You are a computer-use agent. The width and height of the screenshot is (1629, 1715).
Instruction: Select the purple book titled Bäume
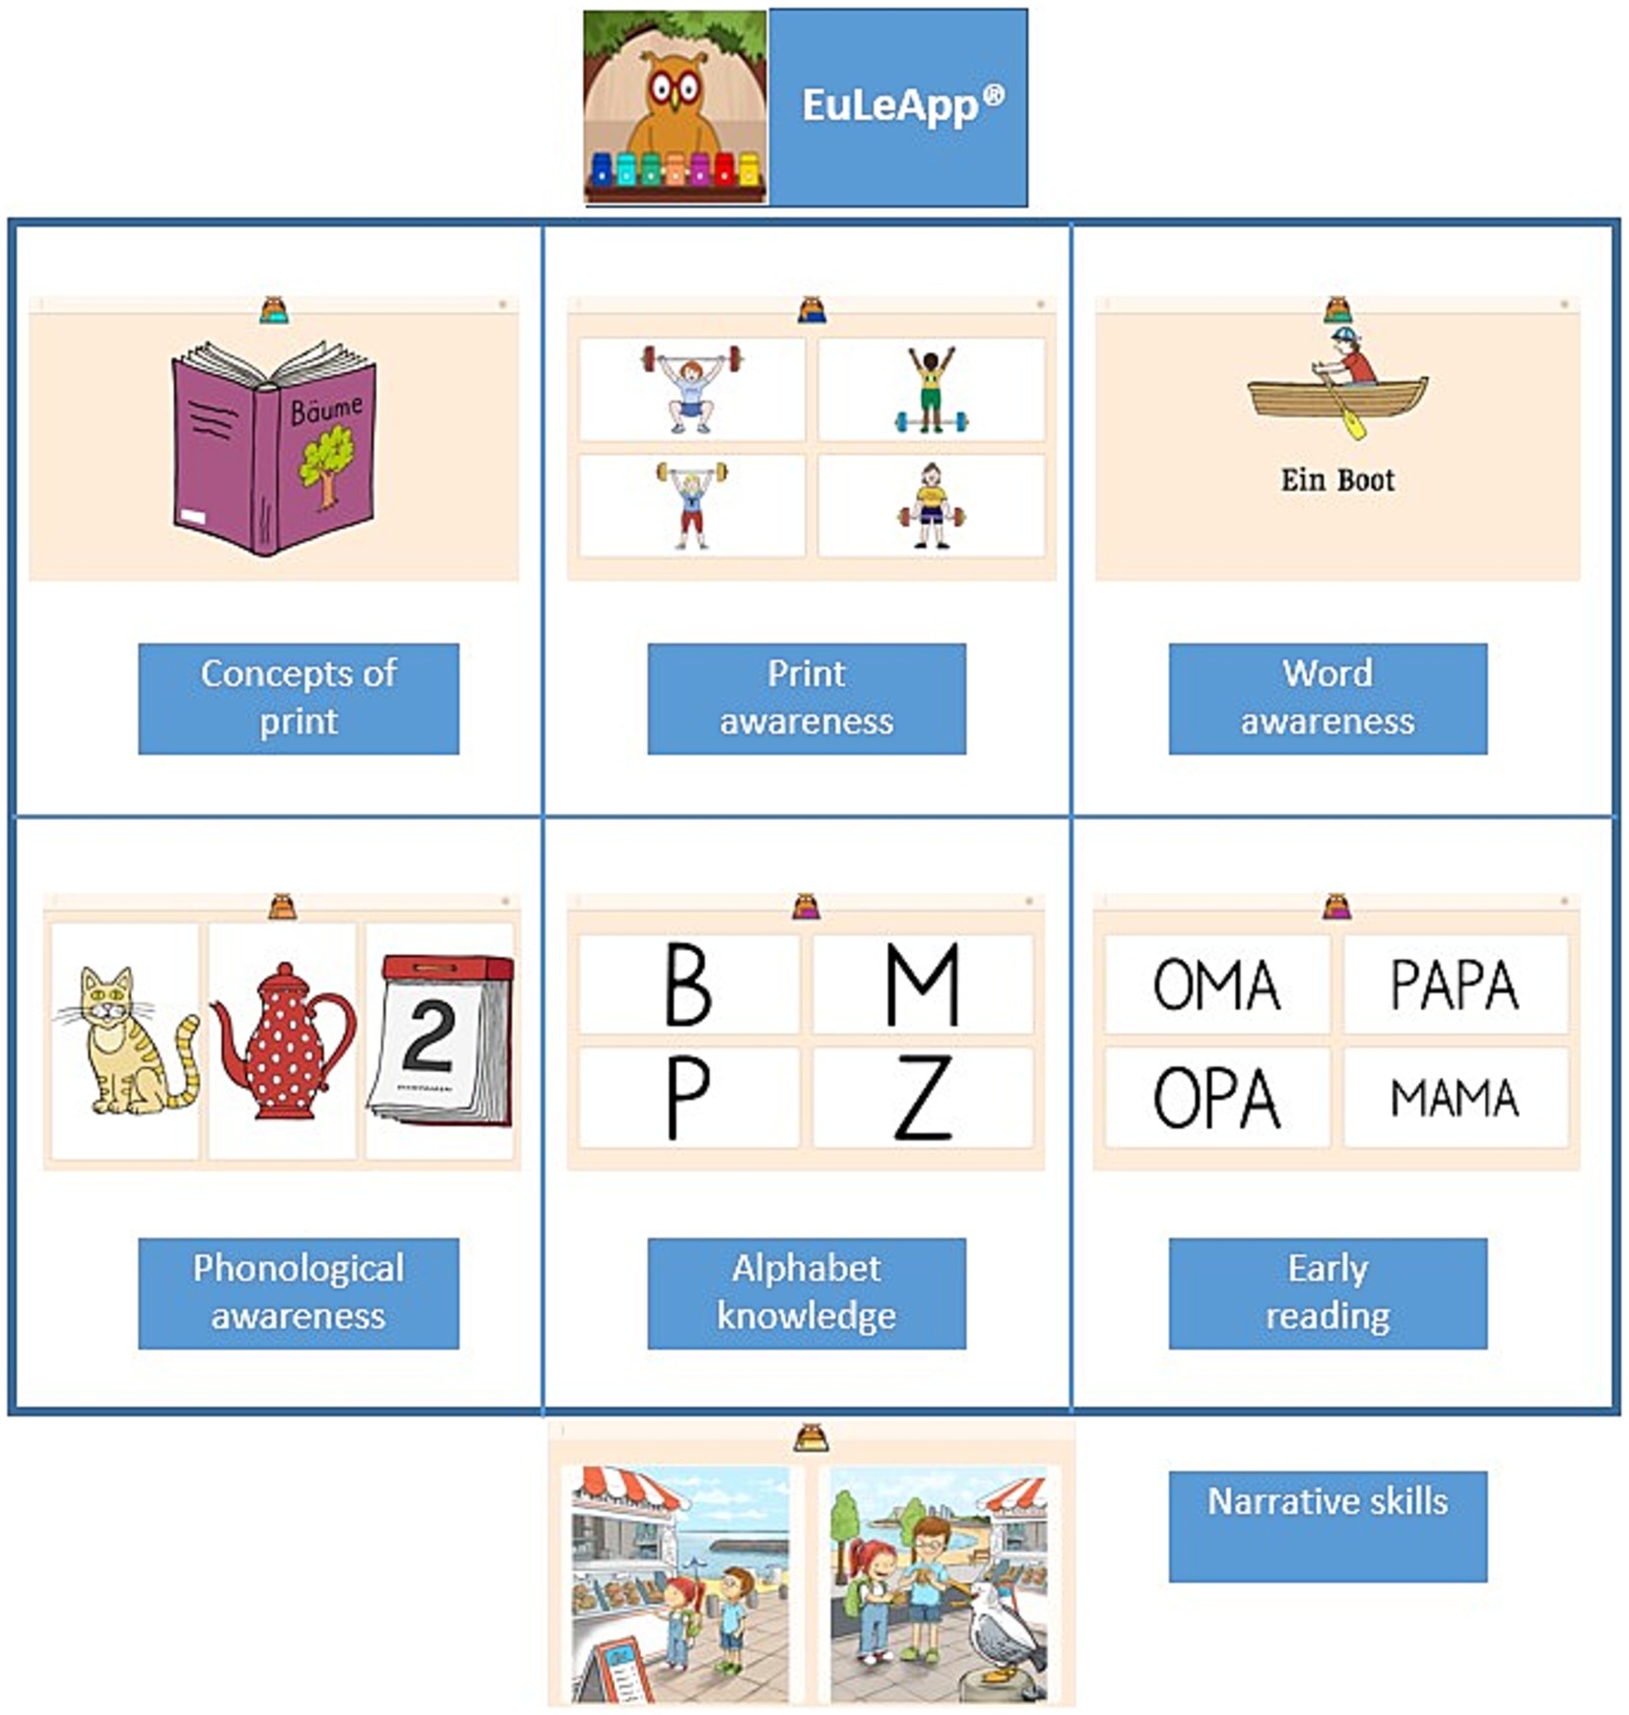274,448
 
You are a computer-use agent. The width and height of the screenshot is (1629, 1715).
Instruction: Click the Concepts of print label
298,698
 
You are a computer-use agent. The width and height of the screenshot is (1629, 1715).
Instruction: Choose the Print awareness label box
806,698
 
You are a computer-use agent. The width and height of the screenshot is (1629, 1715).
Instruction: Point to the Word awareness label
1327,698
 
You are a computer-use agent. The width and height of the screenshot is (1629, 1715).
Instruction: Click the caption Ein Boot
1336,480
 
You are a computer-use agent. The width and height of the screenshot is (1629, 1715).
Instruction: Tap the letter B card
688,984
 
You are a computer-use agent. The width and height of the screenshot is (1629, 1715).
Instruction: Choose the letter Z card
923,1097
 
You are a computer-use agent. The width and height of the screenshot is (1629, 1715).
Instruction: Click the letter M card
923,984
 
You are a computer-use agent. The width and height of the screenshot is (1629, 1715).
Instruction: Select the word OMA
1216,985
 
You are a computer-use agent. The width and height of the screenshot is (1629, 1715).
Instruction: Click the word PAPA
1455,985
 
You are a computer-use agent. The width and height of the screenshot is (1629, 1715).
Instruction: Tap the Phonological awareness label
298,1292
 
